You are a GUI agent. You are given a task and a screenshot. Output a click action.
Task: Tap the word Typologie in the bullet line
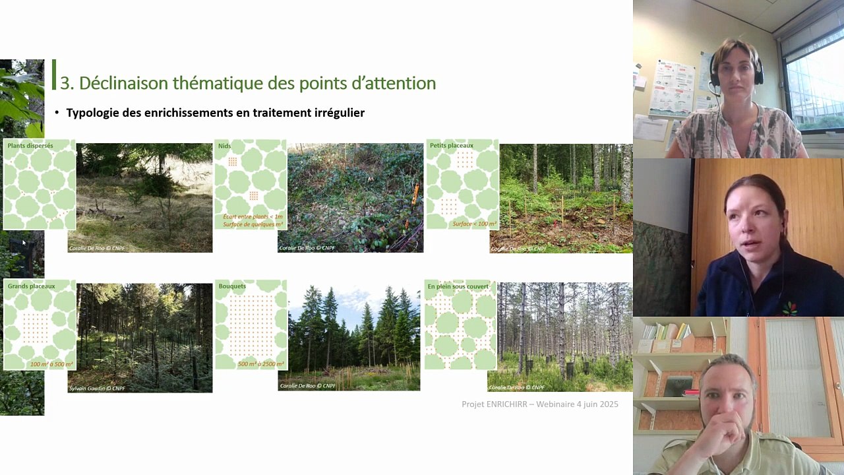92,113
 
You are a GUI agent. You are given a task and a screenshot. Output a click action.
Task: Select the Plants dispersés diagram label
30,146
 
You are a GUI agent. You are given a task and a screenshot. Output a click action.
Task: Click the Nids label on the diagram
224,146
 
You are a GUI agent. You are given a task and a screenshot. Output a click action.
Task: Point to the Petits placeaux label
452,146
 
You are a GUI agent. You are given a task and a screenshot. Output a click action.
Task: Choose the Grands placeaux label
31,286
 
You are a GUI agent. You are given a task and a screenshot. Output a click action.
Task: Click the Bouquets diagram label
232,286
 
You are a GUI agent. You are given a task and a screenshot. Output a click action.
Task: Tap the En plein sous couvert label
458,286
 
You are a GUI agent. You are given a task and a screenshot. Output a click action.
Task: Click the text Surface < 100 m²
474,224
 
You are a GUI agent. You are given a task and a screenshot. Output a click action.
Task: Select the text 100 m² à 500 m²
51,364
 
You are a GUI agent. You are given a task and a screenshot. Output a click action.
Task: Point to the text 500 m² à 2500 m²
261,364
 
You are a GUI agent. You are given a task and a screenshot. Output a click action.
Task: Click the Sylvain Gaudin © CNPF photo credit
97,389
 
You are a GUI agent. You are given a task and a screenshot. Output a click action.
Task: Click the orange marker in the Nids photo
415,194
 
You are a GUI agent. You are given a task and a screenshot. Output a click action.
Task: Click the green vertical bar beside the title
54,75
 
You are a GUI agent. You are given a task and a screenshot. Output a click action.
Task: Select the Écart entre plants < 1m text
253,216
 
